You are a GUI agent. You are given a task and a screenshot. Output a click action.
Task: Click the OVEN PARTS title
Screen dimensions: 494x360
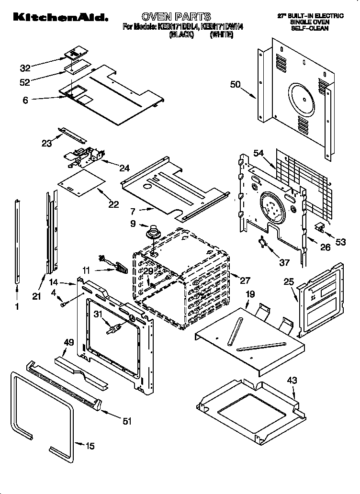coord(176,17)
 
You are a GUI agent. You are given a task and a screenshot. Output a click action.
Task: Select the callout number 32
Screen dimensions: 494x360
coord(25,68)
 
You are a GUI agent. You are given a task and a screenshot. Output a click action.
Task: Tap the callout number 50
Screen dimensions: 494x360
coord(235,85)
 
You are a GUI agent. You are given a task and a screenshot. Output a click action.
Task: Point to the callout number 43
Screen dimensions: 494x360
coord(292,381)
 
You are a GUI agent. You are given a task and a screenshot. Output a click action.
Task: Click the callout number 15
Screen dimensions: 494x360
coord(90,446)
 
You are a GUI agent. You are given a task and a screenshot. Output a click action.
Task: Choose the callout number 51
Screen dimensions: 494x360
coord(127,421)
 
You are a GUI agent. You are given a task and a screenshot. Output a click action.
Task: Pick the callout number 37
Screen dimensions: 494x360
coord(284,262)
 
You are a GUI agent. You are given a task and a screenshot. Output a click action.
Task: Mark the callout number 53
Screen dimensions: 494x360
coord(340,243)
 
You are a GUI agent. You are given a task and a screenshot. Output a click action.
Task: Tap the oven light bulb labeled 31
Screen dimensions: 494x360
coord(113,330)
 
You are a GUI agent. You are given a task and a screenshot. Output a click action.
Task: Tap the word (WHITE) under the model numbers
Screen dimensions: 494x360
coord(221,35)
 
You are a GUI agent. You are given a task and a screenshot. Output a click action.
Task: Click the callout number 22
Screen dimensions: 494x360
coord(113,204)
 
